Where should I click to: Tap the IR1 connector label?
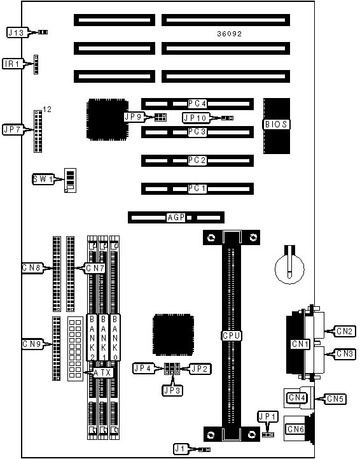coord(13,64)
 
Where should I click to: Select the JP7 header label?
coord(13,129)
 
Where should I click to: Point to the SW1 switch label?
coord(43,179)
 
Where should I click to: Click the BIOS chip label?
coord(276,124)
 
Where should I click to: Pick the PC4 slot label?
coord(197,104)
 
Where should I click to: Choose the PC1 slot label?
coord(197,188)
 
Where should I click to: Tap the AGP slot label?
coord(176,218)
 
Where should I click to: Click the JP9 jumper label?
coord(134,117)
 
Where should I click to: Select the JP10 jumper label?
coord(195,118)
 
